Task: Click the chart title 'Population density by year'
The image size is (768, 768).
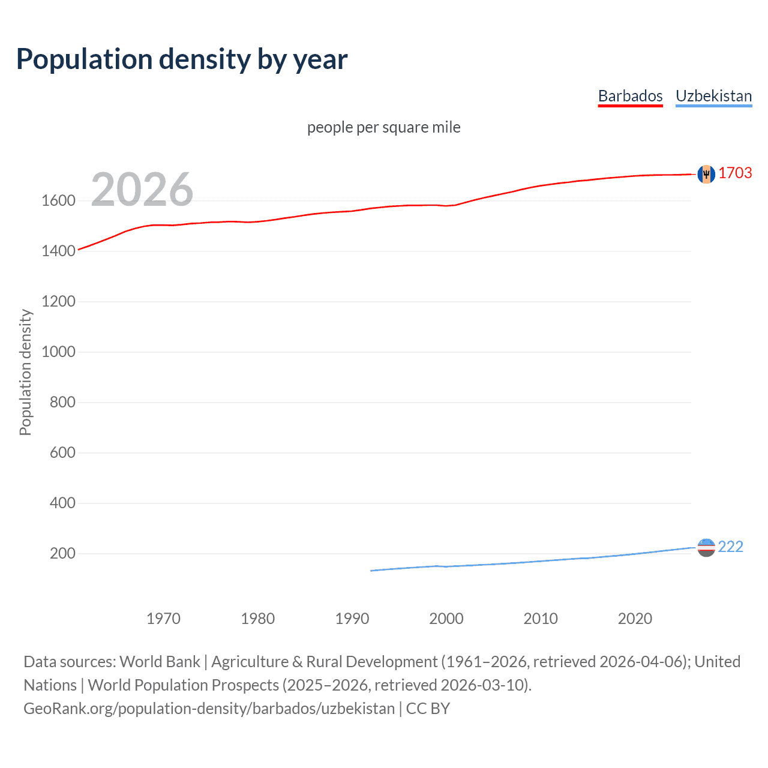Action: (x=182, y=59)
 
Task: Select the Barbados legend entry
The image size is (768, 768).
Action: (x=630, y=96)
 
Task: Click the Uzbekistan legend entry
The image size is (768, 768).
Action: (x=713, y=96)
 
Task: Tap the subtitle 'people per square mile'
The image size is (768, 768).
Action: (x=383, y=128)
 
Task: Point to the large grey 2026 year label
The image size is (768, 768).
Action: (x=142, y=190)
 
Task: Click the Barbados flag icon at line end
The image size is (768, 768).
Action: (x=706, y=174)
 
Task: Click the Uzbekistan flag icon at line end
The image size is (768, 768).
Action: (x=706, y=547)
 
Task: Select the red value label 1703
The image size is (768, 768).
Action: (x=735, y=173)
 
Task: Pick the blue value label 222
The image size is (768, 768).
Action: (x=730, y=547)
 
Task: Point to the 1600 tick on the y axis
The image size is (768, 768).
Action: (x=58, y=201)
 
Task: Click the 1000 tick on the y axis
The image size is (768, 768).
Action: (x=58, y=352)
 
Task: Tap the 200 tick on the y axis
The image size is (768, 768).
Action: (x=62, y=554)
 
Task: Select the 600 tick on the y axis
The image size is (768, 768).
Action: (x=62, y=453)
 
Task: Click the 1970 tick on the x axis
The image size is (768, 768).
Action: (x=163, y=619)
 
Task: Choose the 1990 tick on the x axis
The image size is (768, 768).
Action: (x=352, y=619)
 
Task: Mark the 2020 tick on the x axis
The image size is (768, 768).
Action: (x=635, y=619)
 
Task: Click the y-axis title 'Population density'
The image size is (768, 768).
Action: (x=25, y=372)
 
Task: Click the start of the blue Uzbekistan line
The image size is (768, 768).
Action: (x=371, y=571)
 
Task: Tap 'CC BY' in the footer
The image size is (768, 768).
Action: (x=428, y=709)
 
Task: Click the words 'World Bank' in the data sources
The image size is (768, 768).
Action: (x=160, y=662)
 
